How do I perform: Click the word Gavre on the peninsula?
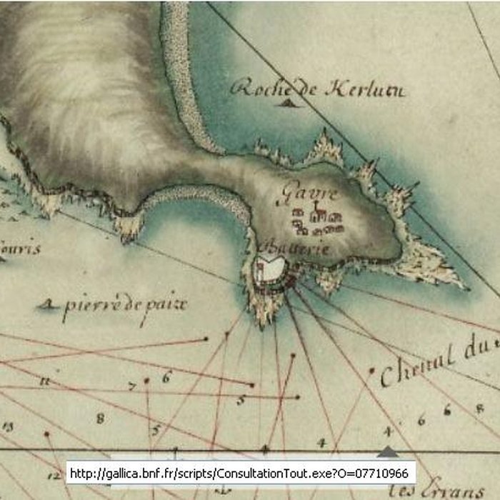[x=296, y=192]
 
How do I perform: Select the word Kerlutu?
[x=364, y=91]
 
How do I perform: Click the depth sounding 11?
[x=45, y=382]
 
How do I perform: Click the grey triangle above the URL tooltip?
[x=387, y=451]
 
